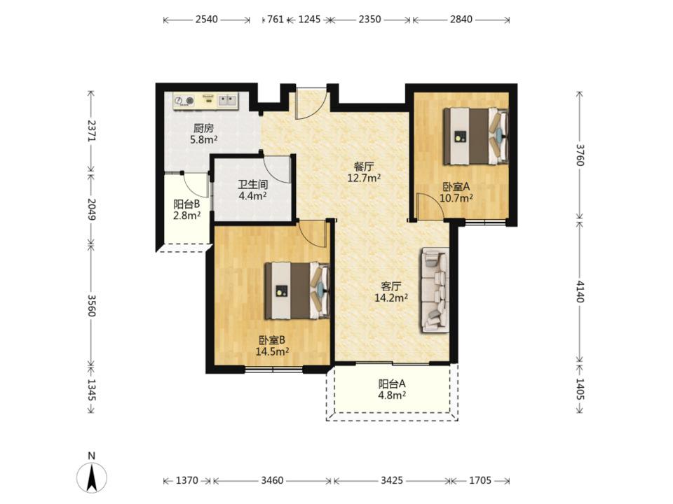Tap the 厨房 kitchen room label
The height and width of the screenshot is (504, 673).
pos(203,128)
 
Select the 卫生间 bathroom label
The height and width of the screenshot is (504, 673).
pos(253,185)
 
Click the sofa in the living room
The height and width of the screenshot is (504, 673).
pos(435,290)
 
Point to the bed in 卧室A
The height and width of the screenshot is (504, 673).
pos(475,136)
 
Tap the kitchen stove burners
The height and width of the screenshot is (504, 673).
pos(184,101)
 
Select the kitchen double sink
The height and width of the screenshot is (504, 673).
pos(227,100)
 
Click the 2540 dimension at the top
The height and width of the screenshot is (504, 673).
pos(206,20)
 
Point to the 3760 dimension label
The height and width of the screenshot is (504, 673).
pos(580,155)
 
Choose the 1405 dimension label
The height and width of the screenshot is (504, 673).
pos(580,389)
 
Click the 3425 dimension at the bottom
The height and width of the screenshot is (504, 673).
pos(392,480)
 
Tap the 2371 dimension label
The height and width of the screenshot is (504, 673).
pos(91,130)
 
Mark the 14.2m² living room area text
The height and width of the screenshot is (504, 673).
pos(391,297)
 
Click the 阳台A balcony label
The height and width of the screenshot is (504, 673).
pos(392,384)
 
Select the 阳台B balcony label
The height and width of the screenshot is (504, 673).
pos(186,204)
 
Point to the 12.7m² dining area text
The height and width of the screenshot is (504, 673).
pos(364,177)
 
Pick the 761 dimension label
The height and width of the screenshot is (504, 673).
pos(275,20)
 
